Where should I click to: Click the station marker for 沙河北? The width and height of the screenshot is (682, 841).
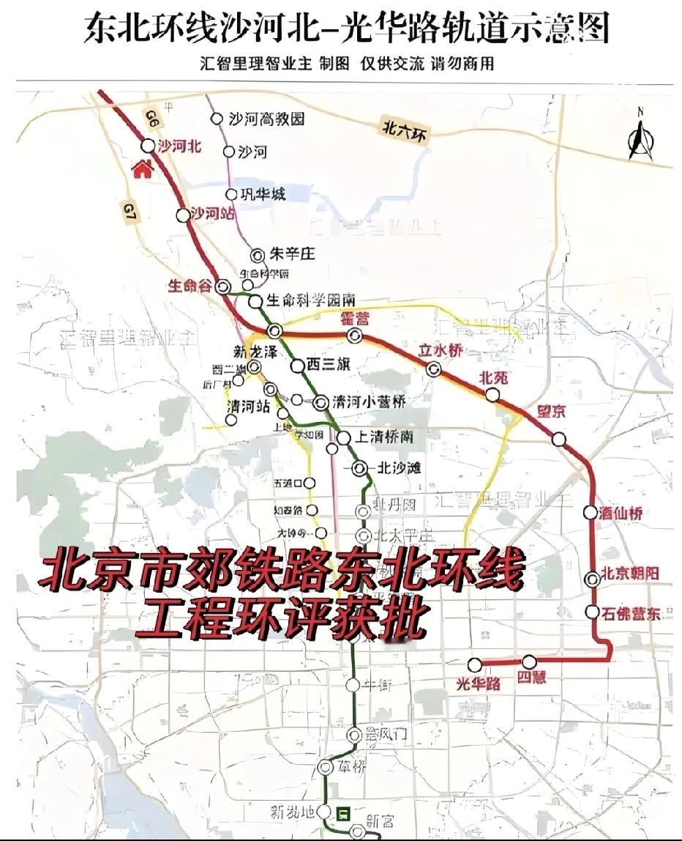tap(149, 146)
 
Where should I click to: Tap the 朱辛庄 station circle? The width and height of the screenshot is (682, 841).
tap(257, 255)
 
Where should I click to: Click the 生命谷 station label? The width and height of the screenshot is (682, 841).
tap(190, 286)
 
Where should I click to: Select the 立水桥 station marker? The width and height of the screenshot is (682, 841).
tap(434, 369)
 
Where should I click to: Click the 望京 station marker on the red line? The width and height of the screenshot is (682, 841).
tap(560, 439)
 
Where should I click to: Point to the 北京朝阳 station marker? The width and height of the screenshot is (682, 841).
tap(593, 579)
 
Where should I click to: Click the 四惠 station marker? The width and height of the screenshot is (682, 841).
tap(529, 662)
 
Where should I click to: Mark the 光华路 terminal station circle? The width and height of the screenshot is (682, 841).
tap(475, 664)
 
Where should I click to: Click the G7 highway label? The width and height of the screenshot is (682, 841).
tap(129, 212)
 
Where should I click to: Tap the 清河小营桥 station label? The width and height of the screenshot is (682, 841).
tap(369, 402)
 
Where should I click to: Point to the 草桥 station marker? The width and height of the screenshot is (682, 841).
tap(326, 766)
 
